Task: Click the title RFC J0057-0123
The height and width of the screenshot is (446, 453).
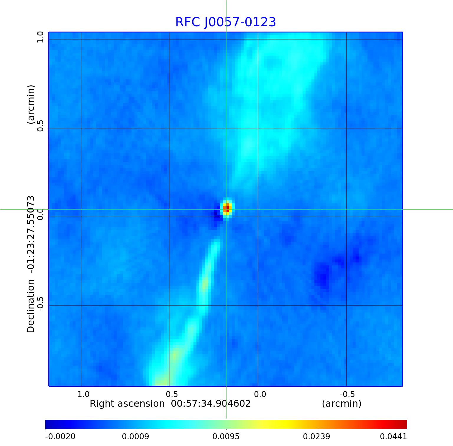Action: point(226,22)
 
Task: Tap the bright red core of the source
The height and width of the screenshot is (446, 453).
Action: point(227,209)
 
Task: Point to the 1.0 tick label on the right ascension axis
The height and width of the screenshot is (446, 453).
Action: point(83,394)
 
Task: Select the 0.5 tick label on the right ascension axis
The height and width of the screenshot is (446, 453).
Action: point(172,394)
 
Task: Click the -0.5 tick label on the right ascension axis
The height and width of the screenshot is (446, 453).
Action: point(347,394)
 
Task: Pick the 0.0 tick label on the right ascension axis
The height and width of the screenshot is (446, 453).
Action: point(260,394)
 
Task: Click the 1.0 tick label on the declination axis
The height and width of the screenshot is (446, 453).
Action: point(40,37)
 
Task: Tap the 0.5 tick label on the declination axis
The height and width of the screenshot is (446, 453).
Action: point(40,126)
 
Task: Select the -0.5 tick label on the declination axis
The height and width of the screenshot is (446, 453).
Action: point(40,303)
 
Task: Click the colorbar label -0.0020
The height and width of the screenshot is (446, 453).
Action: point(60,436)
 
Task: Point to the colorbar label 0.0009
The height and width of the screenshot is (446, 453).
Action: point(135,436)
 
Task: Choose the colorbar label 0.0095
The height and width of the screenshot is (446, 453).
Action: point(226,436)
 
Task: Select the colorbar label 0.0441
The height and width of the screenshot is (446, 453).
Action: point(393,436)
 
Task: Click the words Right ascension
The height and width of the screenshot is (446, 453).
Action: point(127,403)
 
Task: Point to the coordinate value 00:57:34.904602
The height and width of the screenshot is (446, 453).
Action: point(211,403)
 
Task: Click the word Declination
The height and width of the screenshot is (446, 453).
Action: point(31,306)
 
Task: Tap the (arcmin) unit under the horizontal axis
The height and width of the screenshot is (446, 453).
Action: point(342,403)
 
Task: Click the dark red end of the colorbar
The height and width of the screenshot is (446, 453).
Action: point(404,424)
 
